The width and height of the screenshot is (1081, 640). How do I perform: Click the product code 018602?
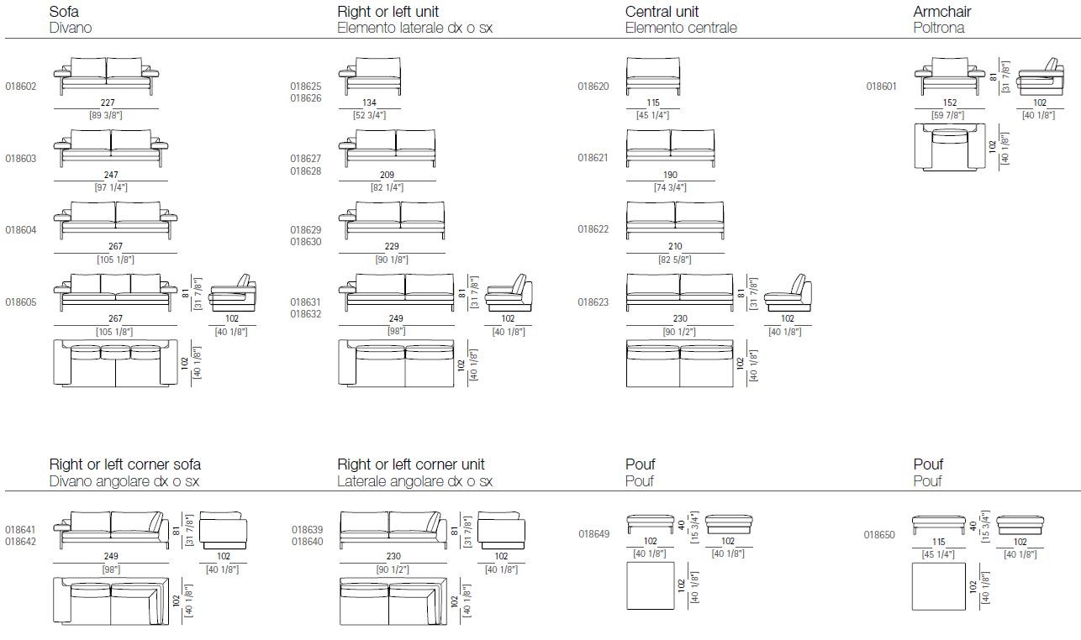21,87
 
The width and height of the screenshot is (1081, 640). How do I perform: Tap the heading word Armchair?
941,12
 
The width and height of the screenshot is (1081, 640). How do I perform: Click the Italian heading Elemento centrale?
681,28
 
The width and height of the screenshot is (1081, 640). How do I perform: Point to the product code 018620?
593,87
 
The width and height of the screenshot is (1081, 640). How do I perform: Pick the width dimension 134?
370,103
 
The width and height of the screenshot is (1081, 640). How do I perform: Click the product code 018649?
594,533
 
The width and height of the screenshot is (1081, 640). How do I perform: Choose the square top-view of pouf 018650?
938,586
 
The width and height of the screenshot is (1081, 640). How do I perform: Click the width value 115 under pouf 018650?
939,543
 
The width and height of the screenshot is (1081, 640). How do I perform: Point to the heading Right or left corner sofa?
125,464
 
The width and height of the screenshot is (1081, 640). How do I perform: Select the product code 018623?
593,302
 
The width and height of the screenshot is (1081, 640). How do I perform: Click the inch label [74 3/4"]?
670,187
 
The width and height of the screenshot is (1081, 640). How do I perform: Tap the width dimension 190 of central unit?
670,176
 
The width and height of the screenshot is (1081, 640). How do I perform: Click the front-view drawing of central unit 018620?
653,75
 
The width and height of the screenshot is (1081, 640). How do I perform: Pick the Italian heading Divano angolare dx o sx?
124,481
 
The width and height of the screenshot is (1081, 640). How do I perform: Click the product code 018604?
21,230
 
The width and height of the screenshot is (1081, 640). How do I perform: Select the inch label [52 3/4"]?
370,115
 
